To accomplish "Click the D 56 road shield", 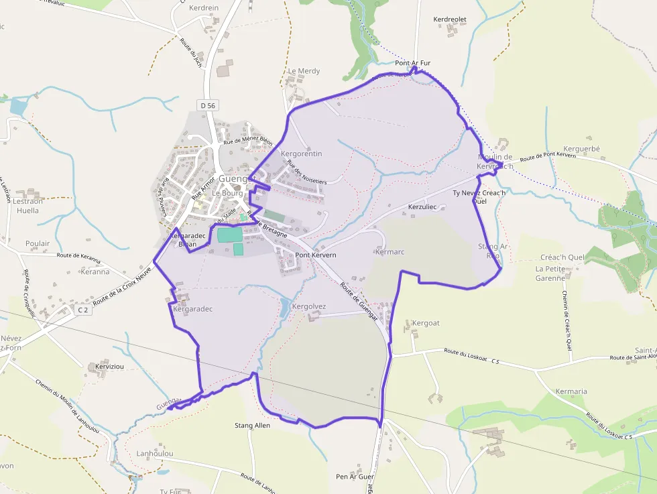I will [208, 105].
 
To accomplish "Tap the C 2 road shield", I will [83, 310].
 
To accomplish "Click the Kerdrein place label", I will [204, 8].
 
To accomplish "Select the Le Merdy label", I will [304, 71].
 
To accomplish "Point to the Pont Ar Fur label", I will [412, 64].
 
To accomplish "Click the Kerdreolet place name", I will [450, 20].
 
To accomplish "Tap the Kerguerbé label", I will [582, 148].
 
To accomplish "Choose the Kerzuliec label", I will [422, 207].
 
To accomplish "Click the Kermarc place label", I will [391, 252].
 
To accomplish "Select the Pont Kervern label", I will [316, 255].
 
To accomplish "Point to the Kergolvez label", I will [310, 306].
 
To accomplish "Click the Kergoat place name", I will [426, 323].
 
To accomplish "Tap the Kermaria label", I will [571, 391].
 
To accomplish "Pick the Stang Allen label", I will [252, 426].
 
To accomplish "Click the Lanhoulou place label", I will [154, 454].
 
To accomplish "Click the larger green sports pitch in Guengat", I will [229, 235].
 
